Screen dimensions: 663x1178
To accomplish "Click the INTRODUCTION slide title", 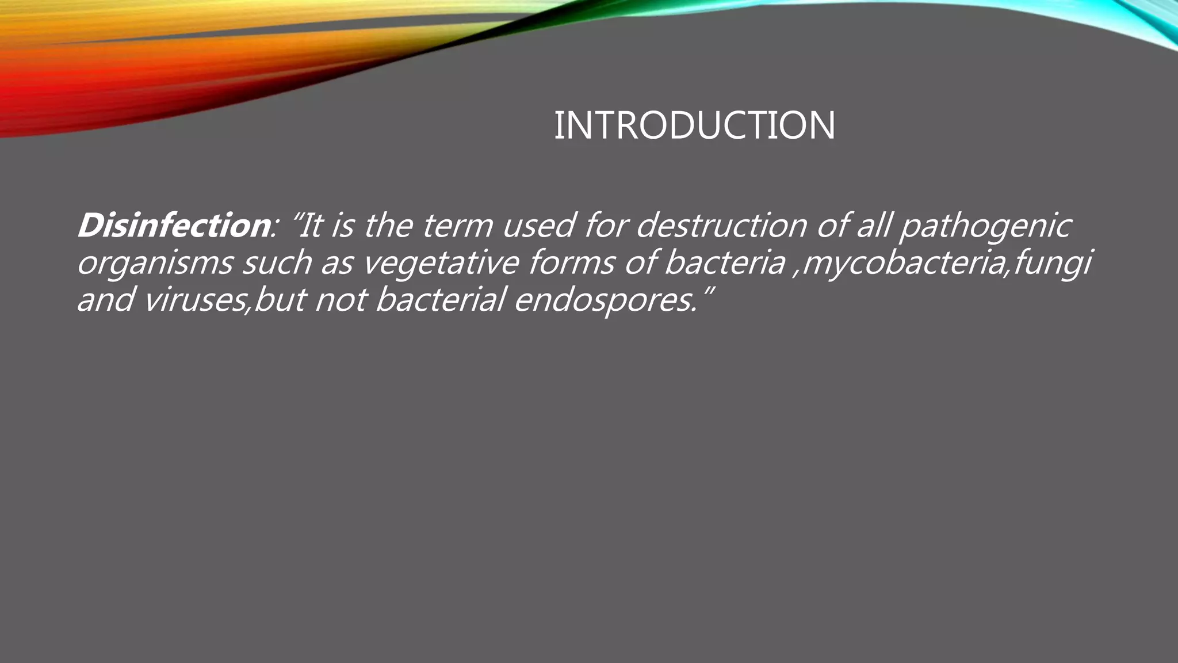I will click(x=694, y=125).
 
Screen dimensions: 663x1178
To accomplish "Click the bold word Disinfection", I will click(x=173, y=225).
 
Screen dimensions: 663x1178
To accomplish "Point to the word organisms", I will click(x=154, y=264).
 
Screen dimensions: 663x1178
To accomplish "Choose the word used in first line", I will click(x=538, y=225).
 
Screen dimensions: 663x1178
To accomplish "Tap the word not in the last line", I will click(x=340, y=300).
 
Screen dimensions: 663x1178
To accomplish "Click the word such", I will click(x=276, y=262).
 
